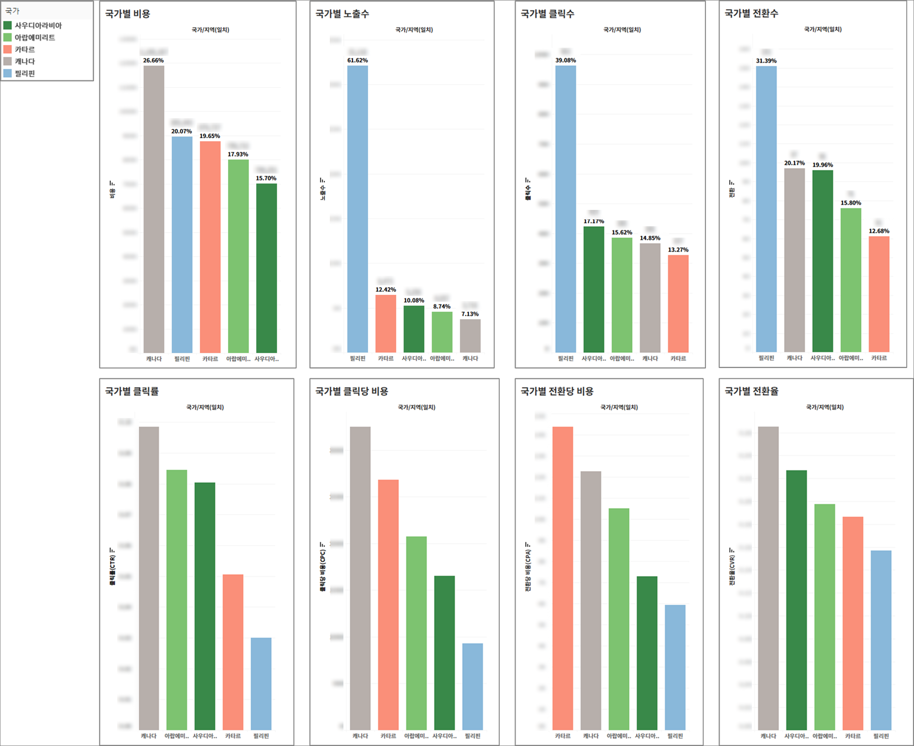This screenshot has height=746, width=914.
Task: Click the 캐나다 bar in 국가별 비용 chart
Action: pos(154,209)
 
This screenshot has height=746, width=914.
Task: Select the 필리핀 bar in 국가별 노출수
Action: pos(358,209)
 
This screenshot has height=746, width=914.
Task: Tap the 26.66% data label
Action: pos(154,60)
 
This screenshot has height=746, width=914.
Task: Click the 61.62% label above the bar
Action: pos(358,60)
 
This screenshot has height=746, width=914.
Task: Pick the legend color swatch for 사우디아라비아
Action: pos(8,25)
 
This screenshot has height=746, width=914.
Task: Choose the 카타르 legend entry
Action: pos(25,50)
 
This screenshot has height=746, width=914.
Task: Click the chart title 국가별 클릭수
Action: pos(547,14)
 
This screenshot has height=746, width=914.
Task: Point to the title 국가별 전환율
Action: pos(751,391)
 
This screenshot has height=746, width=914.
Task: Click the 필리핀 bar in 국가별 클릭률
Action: pos(261,684)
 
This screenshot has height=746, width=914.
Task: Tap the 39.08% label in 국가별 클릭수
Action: pos(566,60)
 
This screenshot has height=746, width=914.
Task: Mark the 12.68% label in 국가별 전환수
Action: pos(879,231)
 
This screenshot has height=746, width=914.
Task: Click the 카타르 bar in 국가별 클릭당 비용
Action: pos(388,604)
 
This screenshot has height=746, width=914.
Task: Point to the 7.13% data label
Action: pos(470,314)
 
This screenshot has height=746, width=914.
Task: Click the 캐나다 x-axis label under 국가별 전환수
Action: pos(795,358)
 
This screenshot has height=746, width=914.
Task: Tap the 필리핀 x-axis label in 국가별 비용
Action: pos(182,359)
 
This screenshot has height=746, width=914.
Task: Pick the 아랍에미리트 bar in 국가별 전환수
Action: pos(851,280)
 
